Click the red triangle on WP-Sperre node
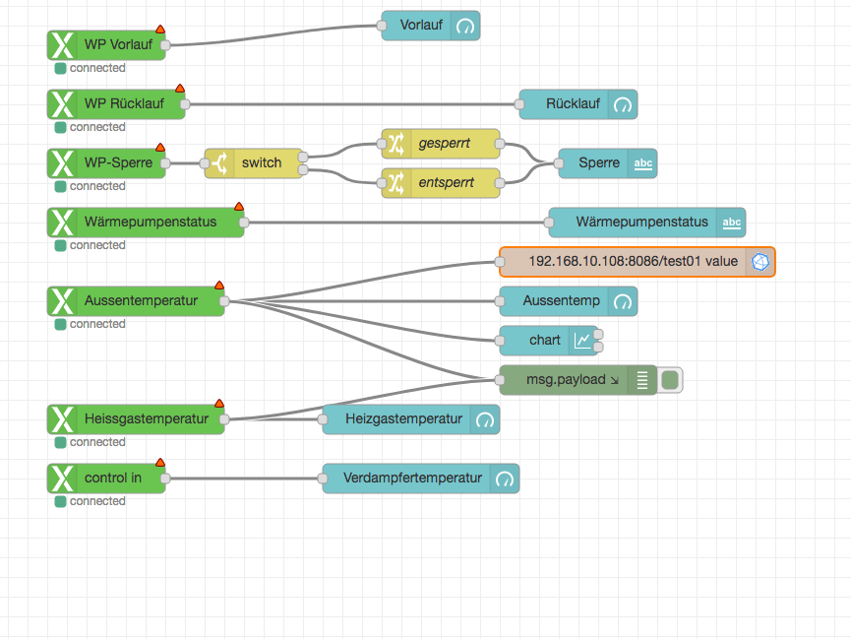160,148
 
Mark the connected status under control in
97,501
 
